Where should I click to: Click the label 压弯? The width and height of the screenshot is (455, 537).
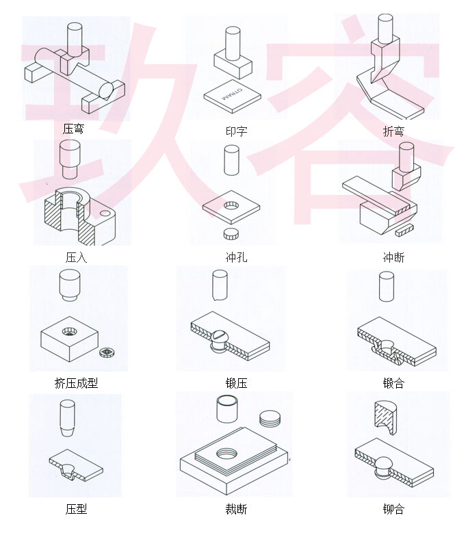coord(73,129)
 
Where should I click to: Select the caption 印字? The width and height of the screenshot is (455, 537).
coord(236,131)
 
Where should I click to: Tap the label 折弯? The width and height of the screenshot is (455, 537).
coord(393,131)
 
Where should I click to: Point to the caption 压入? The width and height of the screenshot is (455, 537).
coord(76,258)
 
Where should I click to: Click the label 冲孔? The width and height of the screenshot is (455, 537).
coord(236,258)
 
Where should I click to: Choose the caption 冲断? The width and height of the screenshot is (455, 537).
coord(393,258)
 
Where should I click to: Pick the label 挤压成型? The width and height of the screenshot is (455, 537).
coord(76,383)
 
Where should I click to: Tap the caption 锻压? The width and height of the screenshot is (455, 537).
coord(236,383)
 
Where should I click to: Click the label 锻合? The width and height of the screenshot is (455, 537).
coord(393,383)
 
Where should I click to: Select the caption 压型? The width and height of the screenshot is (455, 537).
coord(76,509)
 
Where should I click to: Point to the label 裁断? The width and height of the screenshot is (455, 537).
coord(236,509)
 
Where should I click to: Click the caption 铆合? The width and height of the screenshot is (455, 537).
coord(393,509)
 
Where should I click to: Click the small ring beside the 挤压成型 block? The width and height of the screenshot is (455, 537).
coord(107,353)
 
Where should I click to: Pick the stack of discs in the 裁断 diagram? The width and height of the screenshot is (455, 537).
coord(270,418)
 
